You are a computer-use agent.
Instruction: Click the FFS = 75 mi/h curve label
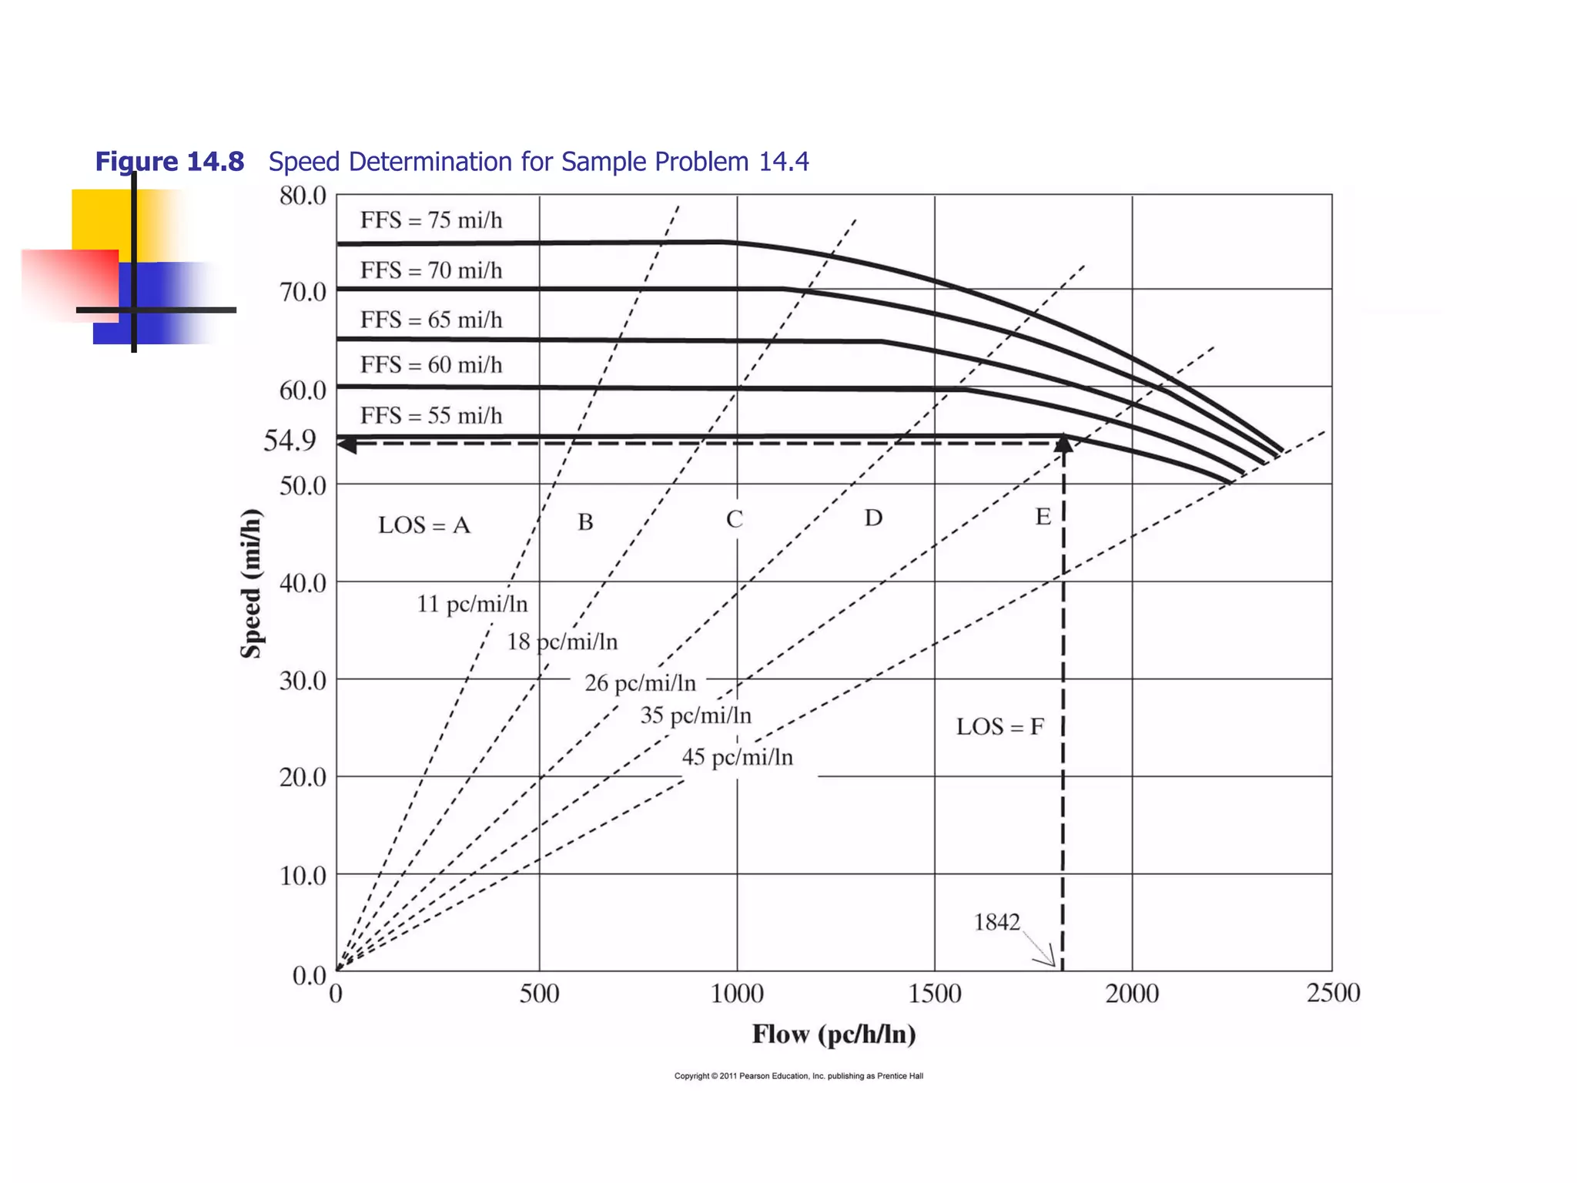pyautogui.click(x=431, y=221)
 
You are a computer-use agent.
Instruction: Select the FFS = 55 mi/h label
pyautogui.click(x=431, y=416)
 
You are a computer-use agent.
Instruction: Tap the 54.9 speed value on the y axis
pyautogui.click(x=290, y=441)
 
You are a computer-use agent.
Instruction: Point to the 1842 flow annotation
pyautogui.click(x=996, y=922)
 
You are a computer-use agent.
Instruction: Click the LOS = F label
pyautogui.click(x=999, y=726)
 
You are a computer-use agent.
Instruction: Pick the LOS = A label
pyautogui.click(x=424, y=525)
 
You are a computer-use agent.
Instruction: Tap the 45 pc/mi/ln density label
pyautogui.click(x=737, y=757)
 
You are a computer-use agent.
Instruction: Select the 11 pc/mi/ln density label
pyautogui.click(x=472, y=604)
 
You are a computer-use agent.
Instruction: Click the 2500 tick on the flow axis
pyautogui.click(x=1333, y=993)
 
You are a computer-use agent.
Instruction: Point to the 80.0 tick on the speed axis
pyautogui.click(x=303, y=196)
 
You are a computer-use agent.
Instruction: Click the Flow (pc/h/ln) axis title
pyautogui.click(x=834, y=1034)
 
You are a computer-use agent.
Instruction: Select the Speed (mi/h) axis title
pyautogui.click(x=252, y=584)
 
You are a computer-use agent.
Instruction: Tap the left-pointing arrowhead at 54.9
pyautogui.click(x=347, y=444)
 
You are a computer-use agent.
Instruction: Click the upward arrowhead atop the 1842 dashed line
pyautogui.click(x=1063, y=443)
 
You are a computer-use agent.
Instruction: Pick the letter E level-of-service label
pyautogui.click(x=1043, y=517)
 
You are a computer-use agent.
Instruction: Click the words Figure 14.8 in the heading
pyautogui.click(x=169, y=162)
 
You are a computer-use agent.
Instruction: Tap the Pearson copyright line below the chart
pyautogui.click(x=799, y=1076)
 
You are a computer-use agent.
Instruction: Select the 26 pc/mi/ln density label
pyautogui.click(x=640, y=683)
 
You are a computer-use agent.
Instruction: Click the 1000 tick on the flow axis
pyautogui.click(x=737, y=994)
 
